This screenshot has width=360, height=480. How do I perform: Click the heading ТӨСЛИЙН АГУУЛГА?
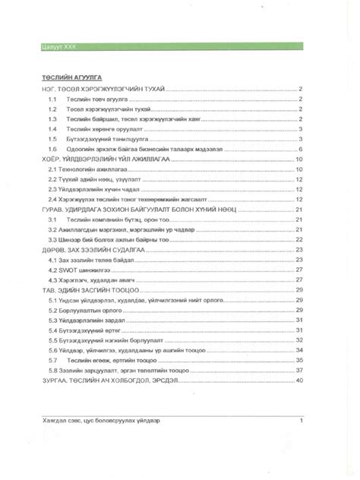(69, 77)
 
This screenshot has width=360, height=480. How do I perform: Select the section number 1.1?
(52, 99)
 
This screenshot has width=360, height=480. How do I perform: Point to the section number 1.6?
(52, 150)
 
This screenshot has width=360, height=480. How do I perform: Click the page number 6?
(302, 150)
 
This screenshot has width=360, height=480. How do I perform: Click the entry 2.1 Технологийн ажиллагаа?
(80, 170)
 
